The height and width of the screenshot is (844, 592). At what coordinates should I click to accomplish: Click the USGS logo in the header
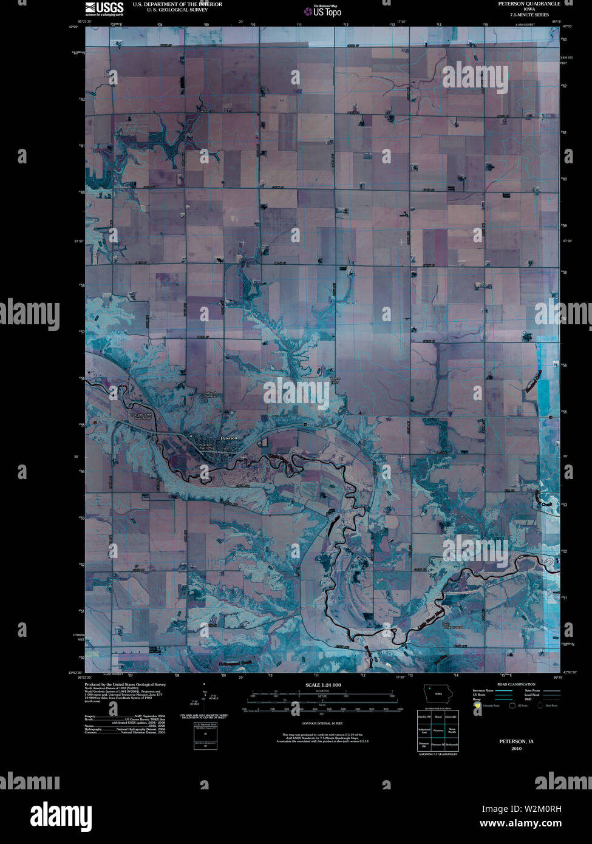tap(104, 8)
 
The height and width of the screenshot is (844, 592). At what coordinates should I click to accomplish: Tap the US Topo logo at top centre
tap(327, 11)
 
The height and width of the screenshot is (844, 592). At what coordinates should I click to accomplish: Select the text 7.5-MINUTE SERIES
tap(529, 15)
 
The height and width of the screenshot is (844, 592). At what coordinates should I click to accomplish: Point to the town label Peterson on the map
tap(229, 438)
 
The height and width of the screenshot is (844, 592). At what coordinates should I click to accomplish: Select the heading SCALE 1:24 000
tap(324, 685)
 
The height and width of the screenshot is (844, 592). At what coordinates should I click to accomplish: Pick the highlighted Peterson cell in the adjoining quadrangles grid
tap(438, 730)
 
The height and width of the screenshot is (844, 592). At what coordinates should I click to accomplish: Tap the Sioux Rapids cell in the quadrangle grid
tap(451, 730)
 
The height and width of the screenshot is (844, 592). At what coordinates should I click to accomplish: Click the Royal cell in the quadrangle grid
tap(438, 717)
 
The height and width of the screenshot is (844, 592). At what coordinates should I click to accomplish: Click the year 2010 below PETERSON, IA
tap(516, 749)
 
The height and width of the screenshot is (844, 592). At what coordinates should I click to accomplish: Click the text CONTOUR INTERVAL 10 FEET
tap(322, 724)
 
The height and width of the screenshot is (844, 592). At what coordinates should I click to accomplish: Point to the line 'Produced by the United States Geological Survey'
tap(125, 684)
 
